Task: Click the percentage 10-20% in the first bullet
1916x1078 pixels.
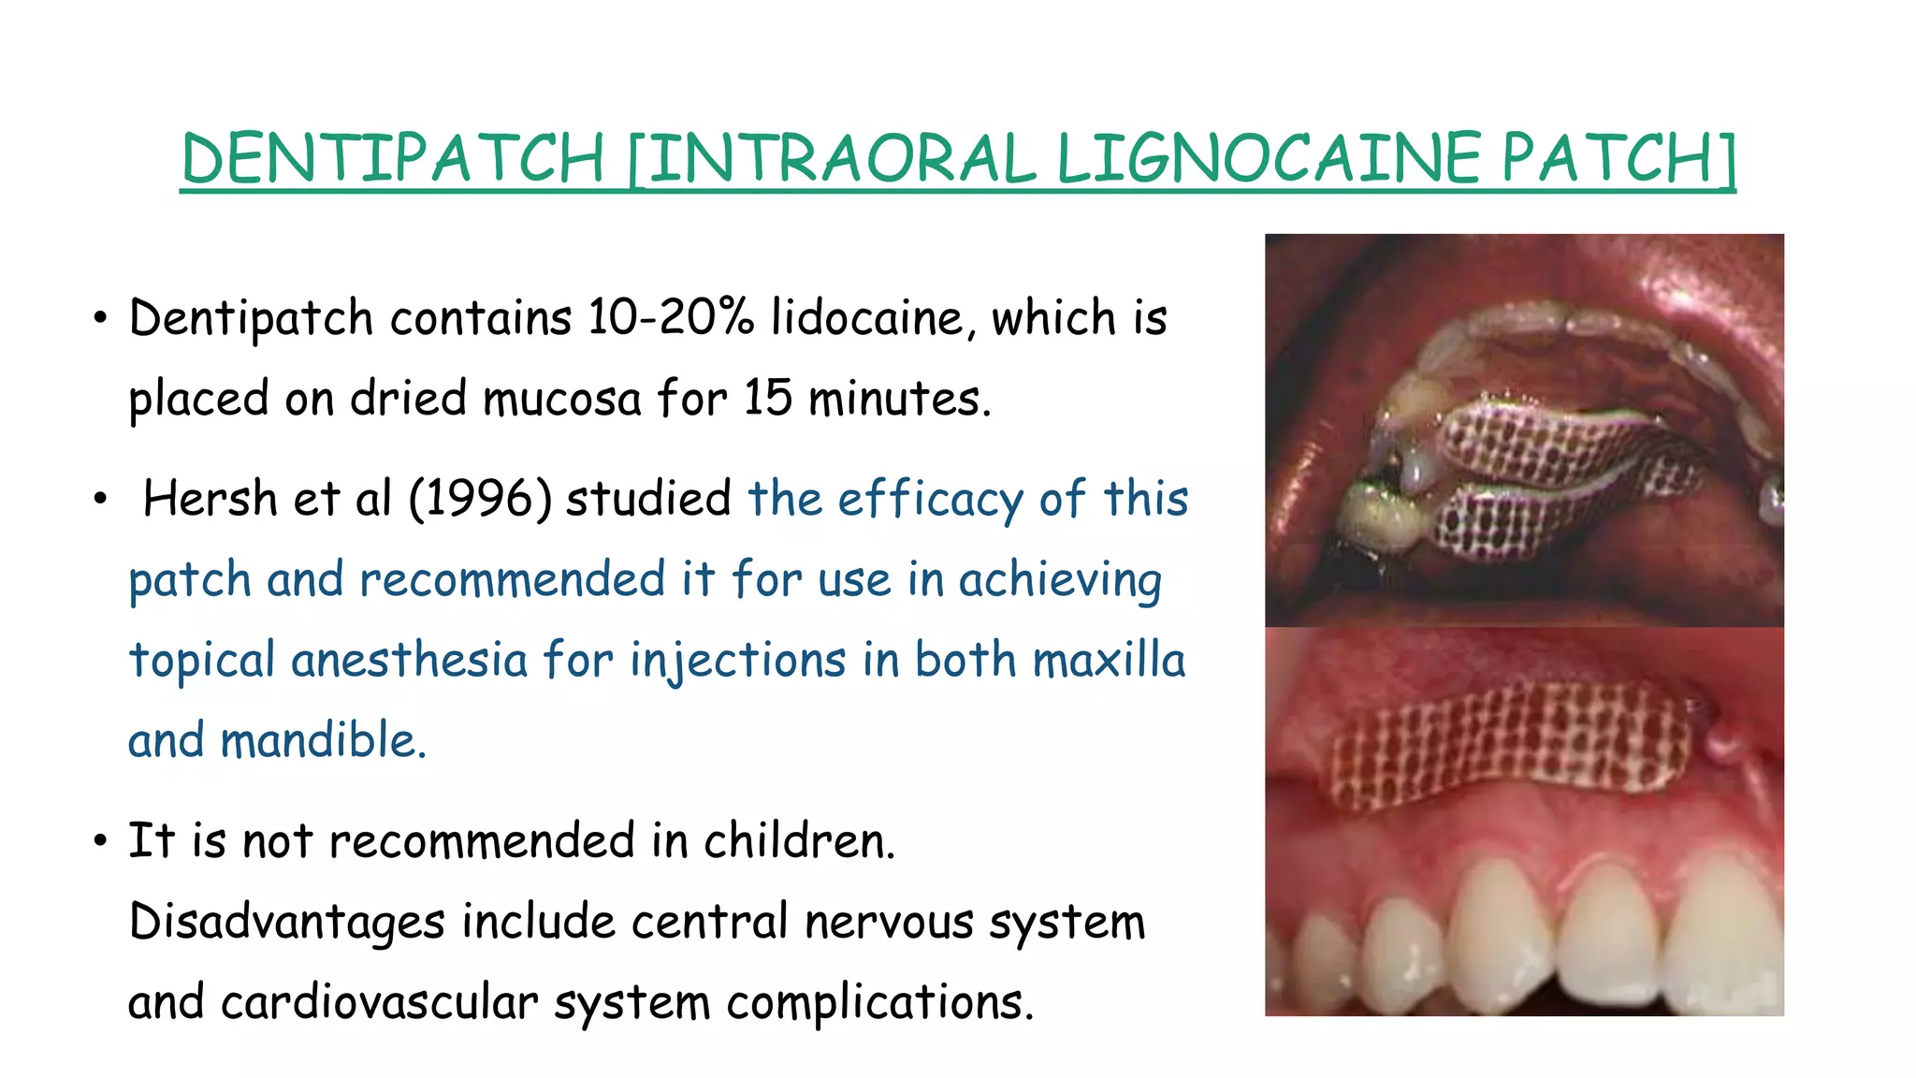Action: tap(670, 318)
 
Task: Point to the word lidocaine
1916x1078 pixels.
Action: tap(867, 318)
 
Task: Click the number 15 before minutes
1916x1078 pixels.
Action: tap(768, 399)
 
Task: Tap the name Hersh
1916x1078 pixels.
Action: tap(210, 498)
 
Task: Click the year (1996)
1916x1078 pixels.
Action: tap(480, 498)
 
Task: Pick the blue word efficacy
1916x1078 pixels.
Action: tap(931, 500)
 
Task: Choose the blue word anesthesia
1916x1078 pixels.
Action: tap(409, 660)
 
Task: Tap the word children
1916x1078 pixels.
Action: tap(799, 840)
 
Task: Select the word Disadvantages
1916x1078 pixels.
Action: tap(286, 923)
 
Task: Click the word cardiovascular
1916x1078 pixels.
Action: tap(380, 1002)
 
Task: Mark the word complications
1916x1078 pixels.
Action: tap(880, 1002)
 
